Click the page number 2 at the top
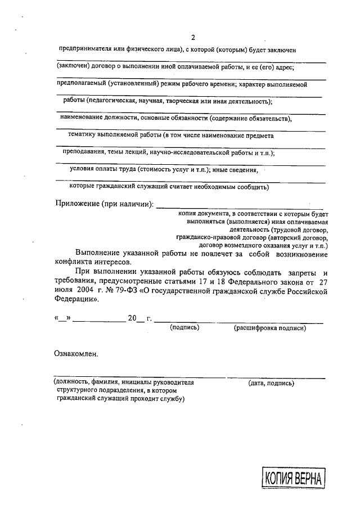[192, 38]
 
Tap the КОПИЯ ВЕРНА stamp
[292, 479]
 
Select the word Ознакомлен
[75, 354]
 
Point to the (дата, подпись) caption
[271, 383]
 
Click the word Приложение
[76, 203]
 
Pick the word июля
[64, 291]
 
